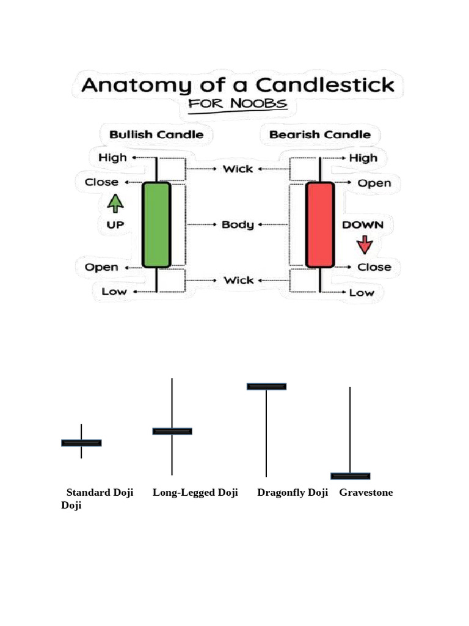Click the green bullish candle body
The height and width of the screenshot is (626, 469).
156,224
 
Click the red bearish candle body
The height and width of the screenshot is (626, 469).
320,224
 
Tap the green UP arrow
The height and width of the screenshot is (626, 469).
115,203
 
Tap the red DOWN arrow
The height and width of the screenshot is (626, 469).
365,245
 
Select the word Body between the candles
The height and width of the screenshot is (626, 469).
238,224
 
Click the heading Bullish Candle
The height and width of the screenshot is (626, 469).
156,134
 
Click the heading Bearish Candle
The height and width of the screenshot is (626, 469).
320,134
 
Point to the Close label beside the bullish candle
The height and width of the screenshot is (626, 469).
102,182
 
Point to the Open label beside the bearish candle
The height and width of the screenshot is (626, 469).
374,183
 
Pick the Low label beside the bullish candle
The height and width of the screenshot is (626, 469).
114,292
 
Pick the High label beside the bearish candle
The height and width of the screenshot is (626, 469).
363,158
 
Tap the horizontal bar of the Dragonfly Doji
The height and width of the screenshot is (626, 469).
266,386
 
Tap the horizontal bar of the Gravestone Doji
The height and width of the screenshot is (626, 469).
350,476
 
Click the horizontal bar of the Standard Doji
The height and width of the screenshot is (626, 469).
81,443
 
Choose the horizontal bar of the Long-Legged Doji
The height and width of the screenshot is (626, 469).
172,431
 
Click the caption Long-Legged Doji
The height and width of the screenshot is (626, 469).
195,493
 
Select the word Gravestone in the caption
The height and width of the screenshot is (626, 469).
366,493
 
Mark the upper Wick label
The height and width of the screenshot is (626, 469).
238,169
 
